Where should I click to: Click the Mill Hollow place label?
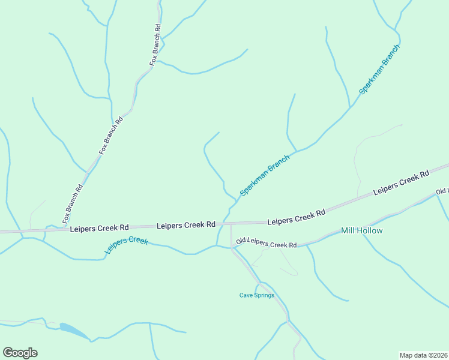361,230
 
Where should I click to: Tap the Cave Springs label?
257,295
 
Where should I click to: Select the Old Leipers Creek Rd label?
267,243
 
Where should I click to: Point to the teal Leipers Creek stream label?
127,244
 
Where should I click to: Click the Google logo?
20,353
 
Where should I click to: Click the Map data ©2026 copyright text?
423,355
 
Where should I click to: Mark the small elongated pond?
73,331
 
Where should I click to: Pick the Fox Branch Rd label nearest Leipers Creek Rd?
72,202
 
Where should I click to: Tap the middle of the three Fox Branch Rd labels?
111,135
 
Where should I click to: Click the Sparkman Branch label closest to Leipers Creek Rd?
265,175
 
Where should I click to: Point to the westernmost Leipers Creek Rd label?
99,228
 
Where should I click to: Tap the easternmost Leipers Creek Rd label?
401,182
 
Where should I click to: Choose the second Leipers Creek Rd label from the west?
185,225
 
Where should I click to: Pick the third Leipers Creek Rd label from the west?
296,217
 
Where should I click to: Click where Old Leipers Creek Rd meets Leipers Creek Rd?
231,224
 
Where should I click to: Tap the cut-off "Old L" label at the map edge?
442,191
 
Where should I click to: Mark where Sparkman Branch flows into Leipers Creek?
217,245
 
